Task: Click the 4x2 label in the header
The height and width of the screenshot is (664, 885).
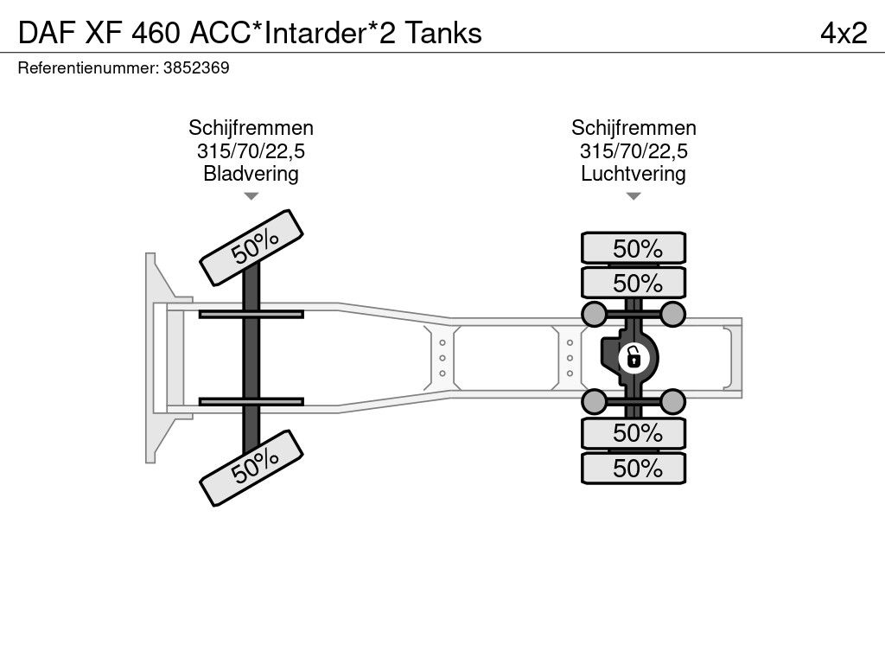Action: pyautogui.click(x=844, y=34)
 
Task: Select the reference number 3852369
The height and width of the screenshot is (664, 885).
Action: pyautogui.click(x=196, y=67)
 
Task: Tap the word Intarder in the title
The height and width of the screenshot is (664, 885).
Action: pyautogui.click(x=315, y=34)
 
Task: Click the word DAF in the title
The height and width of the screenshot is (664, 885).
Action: pyautogui.click(x=47, y=34)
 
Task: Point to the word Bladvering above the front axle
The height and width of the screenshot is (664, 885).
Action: pyautogui.click(x=251, y=173)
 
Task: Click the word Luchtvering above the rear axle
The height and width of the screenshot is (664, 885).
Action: pyautogui.click(x=634, y=173)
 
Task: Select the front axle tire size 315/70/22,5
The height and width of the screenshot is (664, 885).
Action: pyautogui.click(x=251, y=150)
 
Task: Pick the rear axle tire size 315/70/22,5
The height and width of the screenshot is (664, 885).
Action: pyautogui.click(x=634, y=150)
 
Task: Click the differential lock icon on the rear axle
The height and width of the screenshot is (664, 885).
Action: pyautogui.click(x=634, y=358)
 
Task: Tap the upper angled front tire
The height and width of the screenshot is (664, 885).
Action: pyautogui.click(x=251, y=248)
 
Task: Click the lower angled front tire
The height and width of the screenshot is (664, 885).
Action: pyautogui.click(x=251, y=468)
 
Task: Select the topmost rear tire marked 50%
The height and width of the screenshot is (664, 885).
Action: pyautogui.click(x=634, y=248)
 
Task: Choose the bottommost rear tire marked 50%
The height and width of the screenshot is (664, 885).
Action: pyautogui.click(x=634, y=468)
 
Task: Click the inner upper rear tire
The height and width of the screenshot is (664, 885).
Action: pyautogui.click(x=634, y=283)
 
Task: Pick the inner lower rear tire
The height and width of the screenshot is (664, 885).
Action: pyautogui.click(x=634, y=434)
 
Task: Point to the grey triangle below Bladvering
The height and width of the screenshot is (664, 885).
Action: pyautogui.click(x=251, y=196)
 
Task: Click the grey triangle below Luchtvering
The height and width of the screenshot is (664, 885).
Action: pyautogui.click(x=634, y=196)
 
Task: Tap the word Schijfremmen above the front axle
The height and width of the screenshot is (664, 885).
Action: pyautogui.click(x=251, y=128)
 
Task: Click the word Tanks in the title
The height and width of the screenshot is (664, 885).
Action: pyautogui.click(x=443, y=34)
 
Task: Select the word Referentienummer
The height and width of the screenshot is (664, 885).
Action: pyautogui.click(x=87, y=67)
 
